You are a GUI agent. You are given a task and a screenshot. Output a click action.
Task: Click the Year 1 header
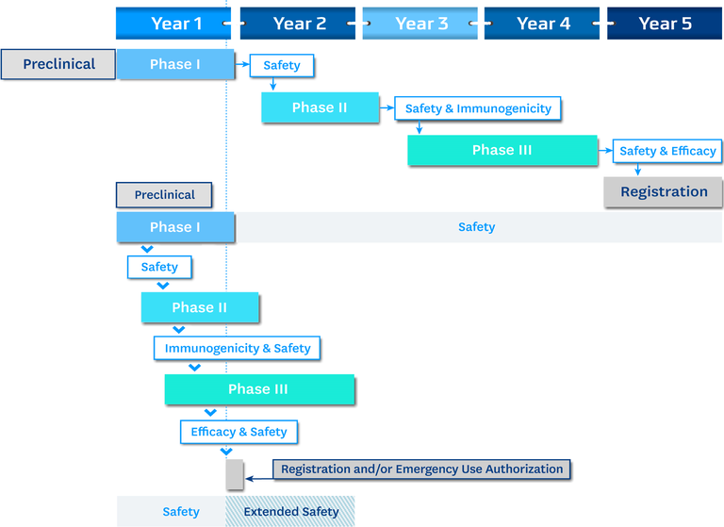(173, 23)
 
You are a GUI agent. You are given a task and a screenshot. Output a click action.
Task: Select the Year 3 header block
(420, 23)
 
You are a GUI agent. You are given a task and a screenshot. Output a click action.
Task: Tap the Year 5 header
(665, 23)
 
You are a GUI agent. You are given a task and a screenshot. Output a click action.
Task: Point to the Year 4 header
(542, 23)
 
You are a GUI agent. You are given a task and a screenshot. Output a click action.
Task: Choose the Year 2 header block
(298, 23)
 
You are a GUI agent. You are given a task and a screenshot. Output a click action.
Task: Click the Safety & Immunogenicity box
(478, 108)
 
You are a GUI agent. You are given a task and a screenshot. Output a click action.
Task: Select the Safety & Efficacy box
(667, 151)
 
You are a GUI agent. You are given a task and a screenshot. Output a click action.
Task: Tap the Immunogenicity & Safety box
(237, 348)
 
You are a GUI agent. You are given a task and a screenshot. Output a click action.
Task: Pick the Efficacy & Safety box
(239, 432)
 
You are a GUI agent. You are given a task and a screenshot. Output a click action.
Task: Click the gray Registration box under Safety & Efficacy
(664, 191)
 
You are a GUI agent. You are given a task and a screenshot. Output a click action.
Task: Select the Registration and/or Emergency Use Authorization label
(421, 469)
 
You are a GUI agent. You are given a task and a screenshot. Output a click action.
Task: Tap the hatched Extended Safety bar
(290, 511)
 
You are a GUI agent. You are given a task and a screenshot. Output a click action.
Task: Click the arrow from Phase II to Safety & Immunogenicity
(387, 108)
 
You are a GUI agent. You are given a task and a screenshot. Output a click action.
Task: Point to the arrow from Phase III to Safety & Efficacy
(605, 151)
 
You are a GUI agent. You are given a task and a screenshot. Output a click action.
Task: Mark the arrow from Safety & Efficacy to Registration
(637, 170)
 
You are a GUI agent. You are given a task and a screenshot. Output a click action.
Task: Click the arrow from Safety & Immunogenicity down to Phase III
(420, 127)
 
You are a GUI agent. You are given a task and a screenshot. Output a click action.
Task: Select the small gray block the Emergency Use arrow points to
(235, 474)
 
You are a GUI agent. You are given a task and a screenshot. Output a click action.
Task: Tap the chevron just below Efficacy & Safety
(226, 452)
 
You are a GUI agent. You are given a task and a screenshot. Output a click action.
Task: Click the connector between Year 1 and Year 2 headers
(235, 23)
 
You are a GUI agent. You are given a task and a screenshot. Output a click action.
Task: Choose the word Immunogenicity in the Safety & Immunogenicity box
(503, 108)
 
